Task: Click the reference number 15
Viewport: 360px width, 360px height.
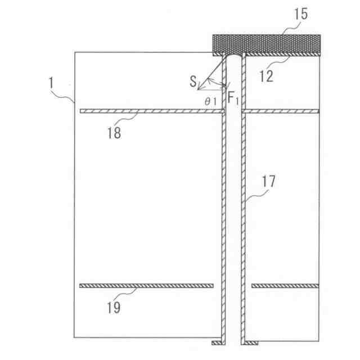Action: pos(301,15)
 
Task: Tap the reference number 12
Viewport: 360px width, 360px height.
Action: pos(266,75)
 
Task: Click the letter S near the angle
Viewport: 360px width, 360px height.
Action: pos(193,83)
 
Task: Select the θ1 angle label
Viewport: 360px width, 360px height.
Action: pos(211,101)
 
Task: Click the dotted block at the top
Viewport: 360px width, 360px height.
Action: pos(265,43)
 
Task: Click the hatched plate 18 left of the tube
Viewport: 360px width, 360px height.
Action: pos(152,111)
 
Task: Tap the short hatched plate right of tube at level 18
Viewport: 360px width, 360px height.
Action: pos(281,111)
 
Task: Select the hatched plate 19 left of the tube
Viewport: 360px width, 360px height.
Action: pos(146,286)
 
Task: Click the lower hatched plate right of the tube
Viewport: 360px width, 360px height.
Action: pos(285,286)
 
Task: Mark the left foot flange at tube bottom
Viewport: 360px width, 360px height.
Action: pos(217,343)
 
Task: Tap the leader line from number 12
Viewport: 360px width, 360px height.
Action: pos(278,62)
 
